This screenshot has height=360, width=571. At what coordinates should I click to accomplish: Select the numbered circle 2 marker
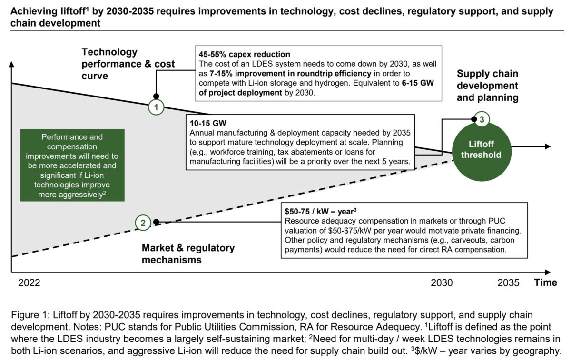click(x=143, y=222)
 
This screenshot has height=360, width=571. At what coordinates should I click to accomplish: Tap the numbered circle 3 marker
click(x=482, y=119)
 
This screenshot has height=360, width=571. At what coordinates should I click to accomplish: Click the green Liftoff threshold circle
click(x=481, y=149)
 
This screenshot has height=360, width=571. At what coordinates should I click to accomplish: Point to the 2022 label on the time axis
click(x=30, y=282)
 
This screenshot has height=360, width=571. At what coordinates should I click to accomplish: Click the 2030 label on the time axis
click(x=442, y=282)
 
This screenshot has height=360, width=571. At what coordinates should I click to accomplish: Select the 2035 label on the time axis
click(x=508, y=282)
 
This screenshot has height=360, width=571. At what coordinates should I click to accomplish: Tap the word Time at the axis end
click(x=545, y=282)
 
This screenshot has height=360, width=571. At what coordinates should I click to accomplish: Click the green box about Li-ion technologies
click(x=71, y=165)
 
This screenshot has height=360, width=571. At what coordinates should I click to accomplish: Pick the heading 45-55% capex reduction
click(x=244, y=54)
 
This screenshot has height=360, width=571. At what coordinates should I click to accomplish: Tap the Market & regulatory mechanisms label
click(x=188, y=254)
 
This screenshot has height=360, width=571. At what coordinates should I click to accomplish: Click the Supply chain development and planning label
click(x=487, y=86)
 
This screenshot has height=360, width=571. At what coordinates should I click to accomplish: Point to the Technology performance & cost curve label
click(x=128, y=64)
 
